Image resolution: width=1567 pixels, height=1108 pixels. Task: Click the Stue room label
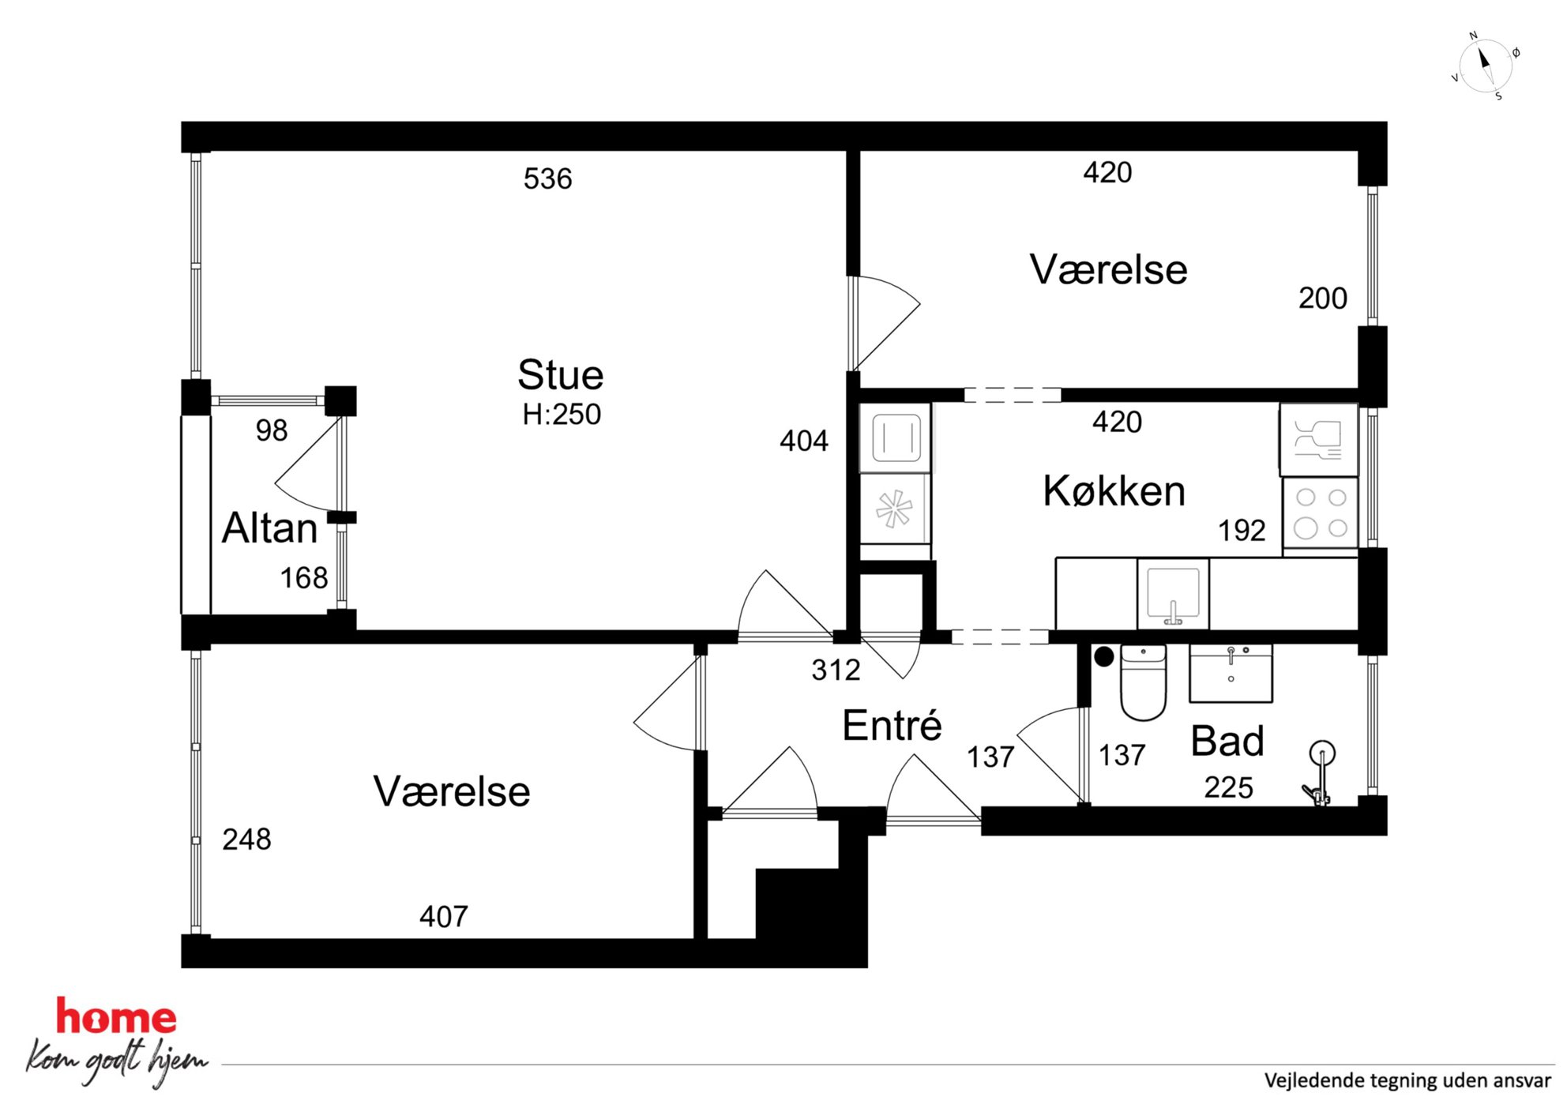[x=561, y=375]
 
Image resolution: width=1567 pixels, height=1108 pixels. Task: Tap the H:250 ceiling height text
[x=562, y=415]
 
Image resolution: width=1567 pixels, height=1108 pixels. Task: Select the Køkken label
[x=1114, y=491]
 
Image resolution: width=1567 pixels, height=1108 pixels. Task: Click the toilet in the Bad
[x=1143, y=682]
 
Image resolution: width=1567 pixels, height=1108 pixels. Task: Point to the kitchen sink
[x=1173, y=594]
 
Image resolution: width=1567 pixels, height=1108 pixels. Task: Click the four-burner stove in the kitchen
[x=1321, y=513]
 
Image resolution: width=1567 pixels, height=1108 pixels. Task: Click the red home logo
[x=116, y=1016]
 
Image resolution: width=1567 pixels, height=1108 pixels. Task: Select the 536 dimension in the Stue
[x=547, y=178]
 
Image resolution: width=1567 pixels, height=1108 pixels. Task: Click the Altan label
[x=269, y=528]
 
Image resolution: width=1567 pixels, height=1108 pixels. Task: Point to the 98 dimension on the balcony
[x=272, y=430]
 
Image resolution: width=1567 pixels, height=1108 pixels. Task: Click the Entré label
[x=892, y=725]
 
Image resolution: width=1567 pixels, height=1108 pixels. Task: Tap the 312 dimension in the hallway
[x=836, y=670]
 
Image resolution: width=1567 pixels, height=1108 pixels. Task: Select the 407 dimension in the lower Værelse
[x=444, y=917]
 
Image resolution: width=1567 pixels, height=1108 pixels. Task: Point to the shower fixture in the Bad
[x=1319, y=773]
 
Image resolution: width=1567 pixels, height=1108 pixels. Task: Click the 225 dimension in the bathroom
[x=1228, y=787]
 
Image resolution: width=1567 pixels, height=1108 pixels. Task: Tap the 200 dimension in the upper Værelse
[x=1323, y=299]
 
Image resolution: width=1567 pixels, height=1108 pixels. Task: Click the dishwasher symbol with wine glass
[x=1319, y=440]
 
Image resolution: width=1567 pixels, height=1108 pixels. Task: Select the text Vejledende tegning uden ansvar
[x=1407, y=1080]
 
